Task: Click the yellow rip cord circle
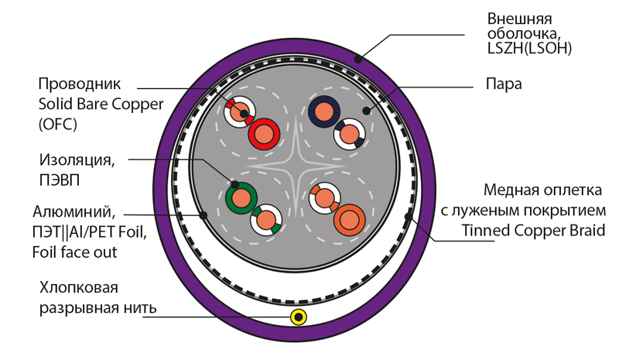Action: click(x=298, y=317)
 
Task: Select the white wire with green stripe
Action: click(x=266, y=221)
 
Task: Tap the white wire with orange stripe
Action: click(x=323, y=197)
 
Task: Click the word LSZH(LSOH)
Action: click(x=529, y=49)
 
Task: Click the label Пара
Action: click(x=503, y=84)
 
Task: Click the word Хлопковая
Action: click(x=79, y=289)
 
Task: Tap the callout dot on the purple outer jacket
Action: click(x=358, y=59)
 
